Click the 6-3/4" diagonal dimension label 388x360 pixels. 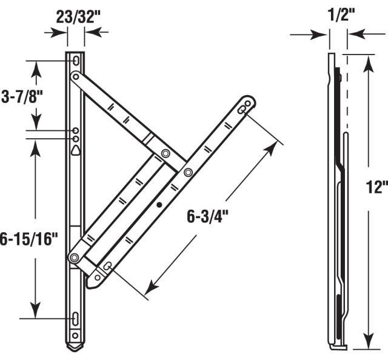click(209, 215)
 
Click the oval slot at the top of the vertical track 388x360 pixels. click(76, 62)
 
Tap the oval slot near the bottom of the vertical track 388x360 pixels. click(76, 318)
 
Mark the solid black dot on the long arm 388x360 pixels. click(159, 205)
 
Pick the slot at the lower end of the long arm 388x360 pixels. click(107, 267)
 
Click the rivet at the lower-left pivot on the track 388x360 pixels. click(74, 258)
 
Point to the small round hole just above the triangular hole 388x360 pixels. click(76, 139)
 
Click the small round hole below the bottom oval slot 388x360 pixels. click(76, 335)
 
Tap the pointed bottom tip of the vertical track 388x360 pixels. click(76, 350)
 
